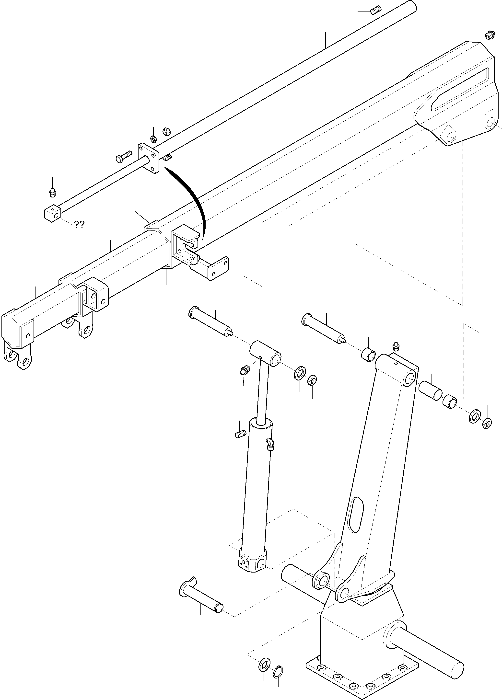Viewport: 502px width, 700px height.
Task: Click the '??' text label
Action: click(x=79, y=225)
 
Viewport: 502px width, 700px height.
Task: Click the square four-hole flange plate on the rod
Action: click(x=149, y=158)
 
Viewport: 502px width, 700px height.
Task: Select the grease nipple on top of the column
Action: click(x=397, y=346)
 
